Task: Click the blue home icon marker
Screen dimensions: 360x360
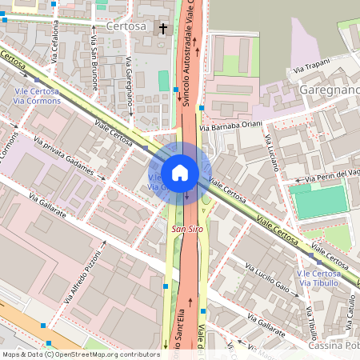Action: pyautogui.click(x=180, y=171)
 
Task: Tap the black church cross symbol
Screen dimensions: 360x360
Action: pyautogui.click(x=164, y=29)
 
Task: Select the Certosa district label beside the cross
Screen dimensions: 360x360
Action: pyautogui.click(x=126, y=26)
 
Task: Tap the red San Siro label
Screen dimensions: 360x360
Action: pyautogui.click(x=188, y=230)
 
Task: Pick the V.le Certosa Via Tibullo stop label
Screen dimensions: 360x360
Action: pyautogui.click(x=319, y=278)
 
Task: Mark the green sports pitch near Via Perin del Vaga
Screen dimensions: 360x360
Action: pyautogui.click(x=320, y=201)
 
